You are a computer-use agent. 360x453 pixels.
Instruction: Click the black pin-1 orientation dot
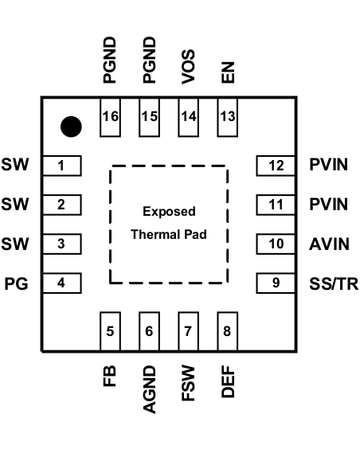72,126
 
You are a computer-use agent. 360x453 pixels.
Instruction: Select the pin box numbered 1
61,166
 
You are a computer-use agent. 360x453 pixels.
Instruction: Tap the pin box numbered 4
61,282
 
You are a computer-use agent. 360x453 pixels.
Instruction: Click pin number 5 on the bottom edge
110,331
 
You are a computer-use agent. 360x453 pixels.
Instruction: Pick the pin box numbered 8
227,331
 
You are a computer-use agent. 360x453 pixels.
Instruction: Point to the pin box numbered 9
276,282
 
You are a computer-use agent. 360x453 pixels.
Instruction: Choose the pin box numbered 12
276,166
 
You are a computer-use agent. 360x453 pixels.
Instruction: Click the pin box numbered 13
227,116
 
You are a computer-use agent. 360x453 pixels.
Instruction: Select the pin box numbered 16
110,116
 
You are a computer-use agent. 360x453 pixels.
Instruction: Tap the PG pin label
17,283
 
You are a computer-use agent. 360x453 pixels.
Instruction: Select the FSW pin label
188,383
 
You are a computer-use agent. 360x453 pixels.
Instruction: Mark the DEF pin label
227,383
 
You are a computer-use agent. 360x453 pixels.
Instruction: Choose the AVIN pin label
329,244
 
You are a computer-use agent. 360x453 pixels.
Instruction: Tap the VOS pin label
188,68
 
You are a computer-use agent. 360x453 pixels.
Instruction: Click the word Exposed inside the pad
169,212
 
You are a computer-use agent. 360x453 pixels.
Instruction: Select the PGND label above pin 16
110,61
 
